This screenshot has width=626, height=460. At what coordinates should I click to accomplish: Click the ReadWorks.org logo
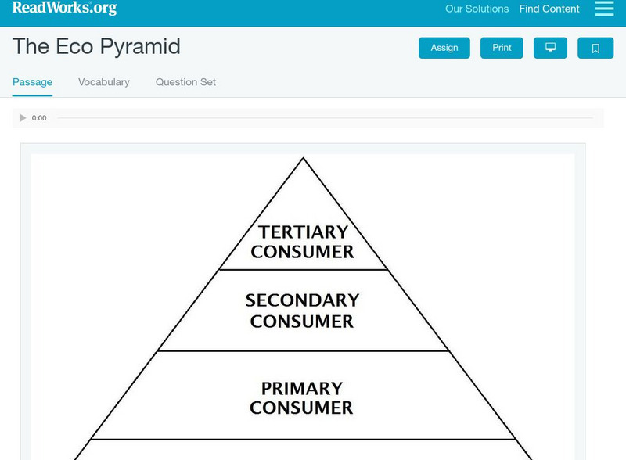pyautogui.click(x=64, y=9)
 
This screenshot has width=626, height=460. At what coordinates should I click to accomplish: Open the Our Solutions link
pyautogui.click(x=477, y=9)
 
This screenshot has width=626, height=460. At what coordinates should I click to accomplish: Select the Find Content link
pyautogui.click(x=549, y=9)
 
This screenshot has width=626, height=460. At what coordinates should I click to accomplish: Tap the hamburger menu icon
pyautogui.click(x=604, y=9)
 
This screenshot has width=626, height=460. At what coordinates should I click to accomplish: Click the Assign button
pyautogui.click(x=444, y=48)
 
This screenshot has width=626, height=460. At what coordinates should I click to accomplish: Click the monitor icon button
pyautogui.click(x=550, y=48)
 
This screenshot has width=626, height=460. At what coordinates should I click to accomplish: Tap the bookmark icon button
pyautogui.click(x=595, y=49)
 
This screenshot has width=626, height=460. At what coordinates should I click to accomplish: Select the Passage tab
pyautogui.click(x=32, y=82)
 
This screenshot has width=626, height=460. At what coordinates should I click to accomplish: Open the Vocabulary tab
pyautogui.click(x=104, y=82)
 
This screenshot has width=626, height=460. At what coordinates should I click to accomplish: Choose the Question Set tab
pyautogui.click(x=185, y=82)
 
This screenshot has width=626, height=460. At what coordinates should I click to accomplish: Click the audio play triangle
pyautogui.click(x=23, y=118)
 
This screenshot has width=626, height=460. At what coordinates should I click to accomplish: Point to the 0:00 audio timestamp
pyautogui.click(x=39, y=118)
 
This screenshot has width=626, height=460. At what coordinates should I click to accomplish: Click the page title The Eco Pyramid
pyautogui.click(x=96, y=46)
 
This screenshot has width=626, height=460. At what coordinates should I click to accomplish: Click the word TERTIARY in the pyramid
pyautogui.click(x=303, y=232)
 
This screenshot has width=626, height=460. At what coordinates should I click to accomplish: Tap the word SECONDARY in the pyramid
pyautogui.click(x=302, y=300)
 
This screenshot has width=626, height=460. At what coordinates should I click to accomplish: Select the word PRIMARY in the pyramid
pyautogui.click(x=302, y=389)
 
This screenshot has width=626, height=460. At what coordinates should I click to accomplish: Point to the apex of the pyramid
pyautogui.click(x=303, y=159)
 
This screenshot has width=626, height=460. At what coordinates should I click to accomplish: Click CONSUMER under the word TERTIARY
pyautogui.click(x=303, y=252)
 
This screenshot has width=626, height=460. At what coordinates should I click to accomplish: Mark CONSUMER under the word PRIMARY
pyautogui.click(x=302, y=408)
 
